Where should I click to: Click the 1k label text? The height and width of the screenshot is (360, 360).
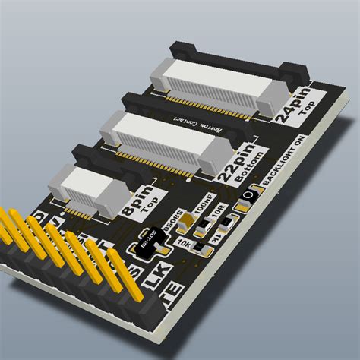(x=216, y=241)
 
